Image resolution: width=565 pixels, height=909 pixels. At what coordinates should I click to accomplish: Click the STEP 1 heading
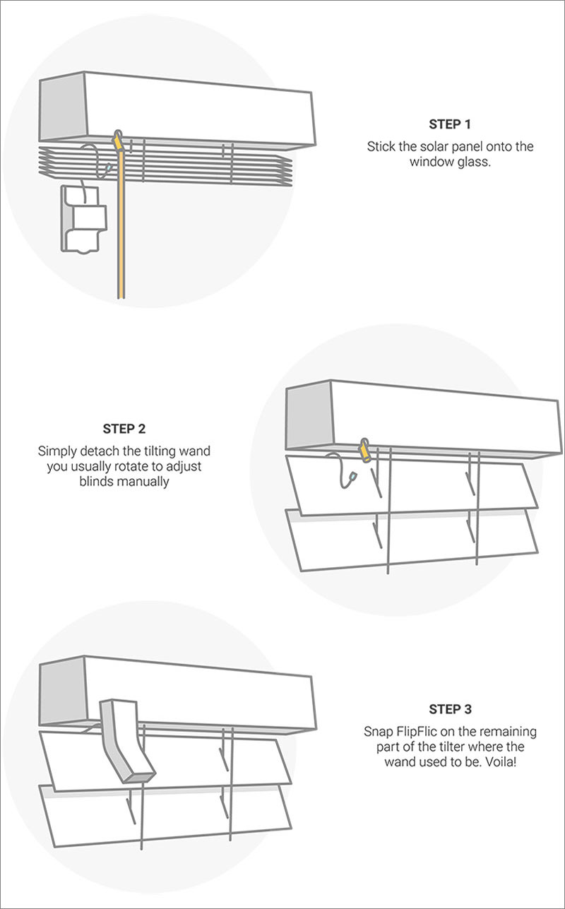449,124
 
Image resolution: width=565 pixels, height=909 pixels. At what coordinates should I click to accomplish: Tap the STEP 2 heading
124,428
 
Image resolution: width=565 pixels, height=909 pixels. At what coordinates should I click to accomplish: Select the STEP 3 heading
449,708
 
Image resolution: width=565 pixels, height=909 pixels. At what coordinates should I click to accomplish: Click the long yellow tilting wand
121,226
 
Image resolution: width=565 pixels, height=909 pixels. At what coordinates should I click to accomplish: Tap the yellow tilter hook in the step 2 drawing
366,449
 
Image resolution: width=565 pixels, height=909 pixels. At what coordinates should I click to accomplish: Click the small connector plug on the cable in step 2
351,482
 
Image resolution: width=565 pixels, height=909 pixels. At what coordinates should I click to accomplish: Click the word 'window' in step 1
426,161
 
